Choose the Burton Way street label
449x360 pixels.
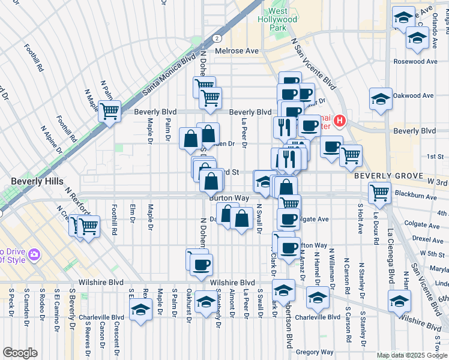coord(229,197)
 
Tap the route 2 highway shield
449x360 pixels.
coord(215,38)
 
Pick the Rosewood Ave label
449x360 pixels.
coord(415,62)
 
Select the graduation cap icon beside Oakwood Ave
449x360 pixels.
coord(381,98)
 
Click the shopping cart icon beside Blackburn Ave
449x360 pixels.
coord(380,193)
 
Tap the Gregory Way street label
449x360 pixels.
coord(315,352)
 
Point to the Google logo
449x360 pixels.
coord(20,353)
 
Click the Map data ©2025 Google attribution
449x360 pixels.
coord(412,355)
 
